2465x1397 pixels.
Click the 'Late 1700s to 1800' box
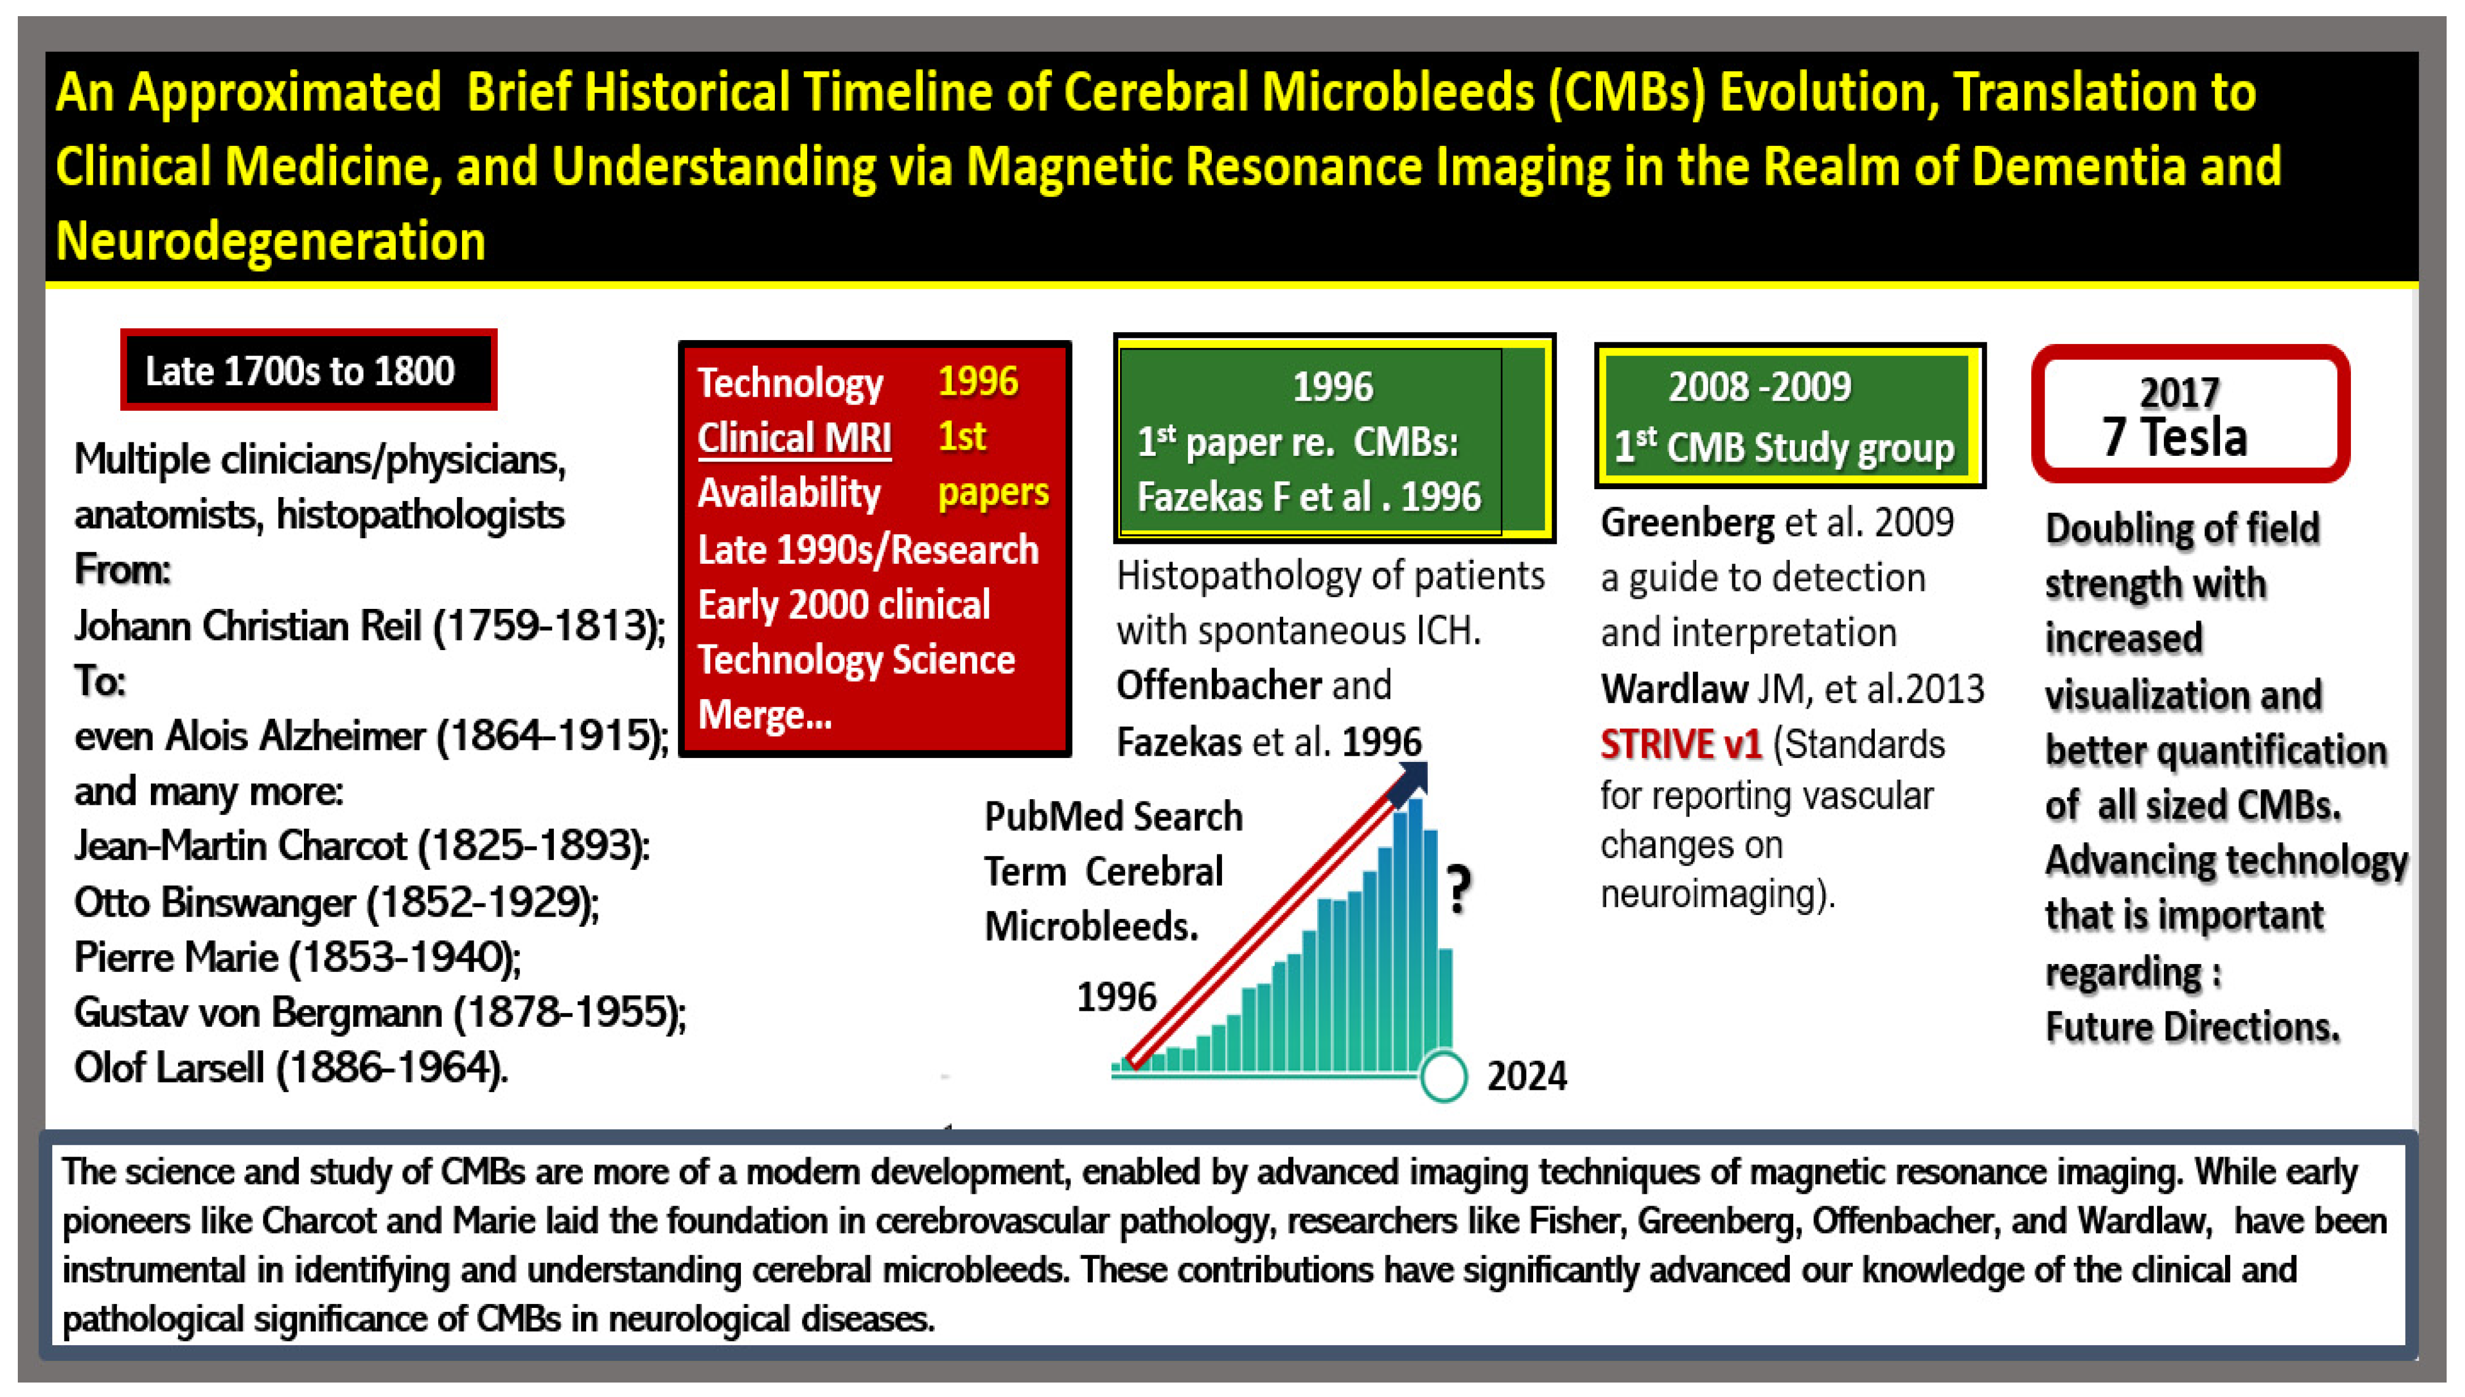(x=308, y=370)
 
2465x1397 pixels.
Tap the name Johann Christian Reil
(x=248, y=627)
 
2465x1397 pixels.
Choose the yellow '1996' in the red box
(x=977, y=382)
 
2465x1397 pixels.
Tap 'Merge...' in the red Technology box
(x=764, y=715)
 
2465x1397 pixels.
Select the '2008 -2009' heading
(x=1759, y=387)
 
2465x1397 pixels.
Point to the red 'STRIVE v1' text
(x=1680, y=745)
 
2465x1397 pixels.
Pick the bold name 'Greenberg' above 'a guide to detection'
(x=1687, y=523)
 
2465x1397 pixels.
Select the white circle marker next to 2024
(x=1443, y=1076)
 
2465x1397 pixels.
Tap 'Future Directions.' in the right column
(x=2192, y=1027)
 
